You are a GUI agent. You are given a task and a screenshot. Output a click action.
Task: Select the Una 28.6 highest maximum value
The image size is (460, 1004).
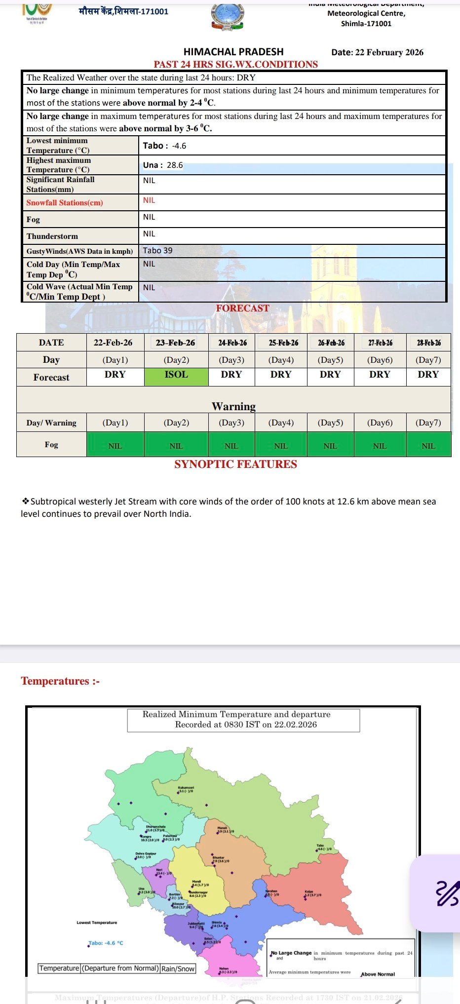click(x=163, y=165)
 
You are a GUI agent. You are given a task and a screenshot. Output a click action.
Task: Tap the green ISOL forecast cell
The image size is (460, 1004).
click(x=176, y=375)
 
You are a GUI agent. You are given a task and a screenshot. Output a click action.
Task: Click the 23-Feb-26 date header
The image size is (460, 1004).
click(x=175, y=343)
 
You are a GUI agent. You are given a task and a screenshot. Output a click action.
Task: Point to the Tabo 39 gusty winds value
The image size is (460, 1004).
click(x=157, y=250)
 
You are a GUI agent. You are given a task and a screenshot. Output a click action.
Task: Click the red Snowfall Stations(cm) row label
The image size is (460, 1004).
click(x=65, y=202)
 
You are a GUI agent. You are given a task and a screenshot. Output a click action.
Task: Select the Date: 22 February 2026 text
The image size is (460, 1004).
click(x=377, y=52)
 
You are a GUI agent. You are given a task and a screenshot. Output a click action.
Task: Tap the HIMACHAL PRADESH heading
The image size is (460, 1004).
click(x=233, y=52)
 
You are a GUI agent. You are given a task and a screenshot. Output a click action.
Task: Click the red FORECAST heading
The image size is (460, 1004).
click(x=242, y=308)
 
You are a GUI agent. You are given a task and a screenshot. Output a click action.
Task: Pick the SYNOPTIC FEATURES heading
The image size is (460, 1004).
click(x=235, y=464)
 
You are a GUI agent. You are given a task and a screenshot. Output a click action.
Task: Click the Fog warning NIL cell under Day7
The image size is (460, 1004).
click(x=428, y=446)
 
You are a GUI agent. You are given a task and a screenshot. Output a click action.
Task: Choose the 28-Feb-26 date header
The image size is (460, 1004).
click(x=428, y=343)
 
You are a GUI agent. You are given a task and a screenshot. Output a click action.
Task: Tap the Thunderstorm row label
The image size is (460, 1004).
click(x=52, y=236)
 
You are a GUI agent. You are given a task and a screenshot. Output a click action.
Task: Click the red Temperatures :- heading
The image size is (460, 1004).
click(x=60, y=681)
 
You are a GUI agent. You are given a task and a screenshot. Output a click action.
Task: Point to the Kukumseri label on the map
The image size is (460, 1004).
click(x=186, y=787)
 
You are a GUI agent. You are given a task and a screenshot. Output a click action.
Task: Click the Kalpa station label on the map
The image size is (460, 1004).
click(x=309, y=891)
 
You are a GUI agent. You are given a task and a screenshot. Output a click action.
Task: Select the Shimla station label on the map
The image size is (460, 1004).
click(x=217, y=922)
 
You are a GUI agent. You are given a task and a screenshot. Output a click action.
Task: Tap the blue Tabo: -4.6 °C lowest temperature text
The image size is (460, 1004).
click(x=106, y=943)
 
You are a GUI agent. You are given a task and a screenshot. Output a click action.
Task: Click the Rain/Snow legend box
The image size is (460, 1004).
click(x=178, y=968)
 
